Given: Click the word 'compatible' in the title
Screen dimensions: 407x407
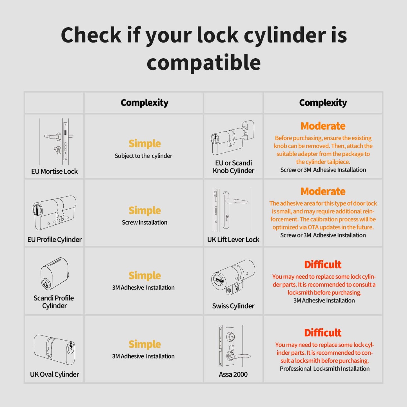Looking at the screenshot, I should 203,63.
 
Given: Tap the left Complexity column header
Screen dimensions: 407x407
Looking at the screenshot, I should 144,103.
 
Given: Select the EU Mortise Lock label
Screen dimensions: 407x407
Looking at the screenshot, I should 54,172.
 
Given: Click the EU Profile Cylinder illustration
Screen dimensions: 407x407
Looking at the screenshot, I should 55,212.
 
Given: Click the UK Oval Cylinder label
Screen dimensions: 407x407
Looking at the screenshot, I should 54,374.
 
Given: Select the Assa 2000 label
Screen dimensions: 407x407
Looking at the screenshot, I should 233,374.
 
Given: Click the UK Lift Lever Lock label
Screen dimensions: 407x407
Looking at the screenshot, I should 233,240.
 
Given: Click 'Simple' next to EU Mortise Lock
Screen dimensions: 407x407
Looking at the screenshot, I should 144,144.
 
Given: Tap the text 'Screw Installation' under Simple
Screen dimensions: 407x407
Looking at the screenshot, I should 144,223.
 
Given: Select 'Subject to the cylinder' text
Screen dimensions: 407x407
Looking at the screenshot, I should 143,156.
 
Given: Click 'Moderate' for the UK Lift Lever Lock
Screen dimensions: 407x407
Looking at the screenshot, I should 323,192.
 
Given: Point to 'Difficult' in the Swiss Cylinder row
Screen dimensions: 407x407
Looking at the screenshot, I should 323,265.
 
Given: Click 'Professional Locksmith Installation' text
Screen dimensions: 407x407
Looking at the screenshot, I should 324,369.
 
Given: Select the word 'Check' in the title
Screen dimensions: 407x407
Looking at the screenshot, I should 91,35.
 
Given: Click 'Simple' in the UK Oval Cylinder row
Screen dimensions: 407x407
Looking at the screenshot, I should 144,344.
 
